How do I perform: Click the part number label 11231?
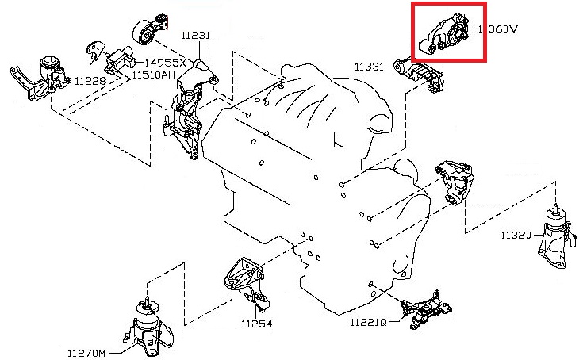194,36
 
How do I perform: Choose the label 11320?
516,236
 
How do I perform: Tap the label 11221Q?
368,323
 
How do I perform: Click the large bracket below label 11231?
186,111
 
